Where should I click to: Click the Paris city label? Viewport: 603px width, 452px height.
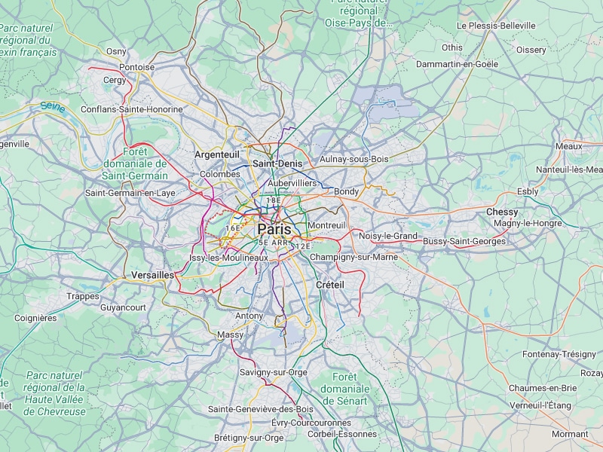tap(274, 229)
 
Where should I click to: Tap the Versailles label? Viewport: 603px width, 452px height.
tap(152, 276)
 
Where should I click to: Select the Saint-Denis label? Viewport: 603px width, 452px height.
tap(277, 163)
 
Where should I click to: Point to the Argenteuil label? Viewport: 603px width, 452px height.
tap(217, 154)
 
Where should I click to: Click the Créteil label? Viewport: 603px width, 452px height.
tap(330, 285)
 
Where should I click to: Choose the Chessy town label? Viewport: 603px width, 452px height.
tap(502, 212)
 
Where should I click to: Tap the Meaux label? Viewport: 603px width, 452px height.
tap(568, 146)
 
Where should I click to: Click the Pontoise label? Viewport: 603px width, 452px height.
tap(137, 67)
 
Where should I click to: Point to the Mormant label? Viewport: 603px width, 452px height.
tap(570, 434)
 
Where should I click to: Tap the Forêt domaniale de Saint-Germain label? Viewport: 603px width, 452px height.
tap(135, 163)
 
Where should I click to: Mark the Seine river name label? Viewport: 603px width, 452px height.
tap(53, 108)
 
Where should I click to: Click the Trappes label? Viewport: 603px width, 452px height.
tap(82, 297)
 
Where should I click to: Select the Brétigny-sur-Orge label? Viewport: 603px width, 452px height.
tap(249, 438)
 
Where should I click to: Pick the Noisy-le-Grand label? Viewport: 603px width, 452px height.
tap(388, 236)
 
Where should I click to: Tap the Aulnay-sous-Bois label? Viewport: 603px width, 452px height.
tap(354, 159)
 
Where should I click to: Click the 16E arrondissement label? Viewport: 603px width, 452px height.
tap(233, 228)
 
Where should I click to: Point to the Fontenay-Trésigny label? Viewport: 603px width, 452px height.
tap(559, 354)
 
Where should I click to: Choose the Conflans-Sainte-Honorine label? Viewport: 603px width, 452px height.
tap(131, 109)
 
